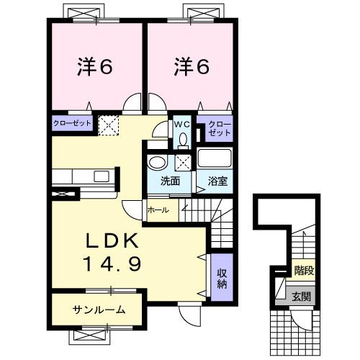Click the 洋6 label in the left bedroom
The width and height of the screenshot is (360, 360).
pyautogui.click(x=94, y=67)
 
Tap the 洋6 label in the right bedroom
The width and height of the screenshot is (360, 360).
pyautogui.click(x=191, y=67)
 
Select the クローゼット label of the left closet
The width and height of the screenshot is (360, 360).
pyautogui.click(x=72, y=124)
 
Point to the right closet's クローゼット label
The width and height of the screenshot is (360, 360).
pyautogui.click(x=219, y=129)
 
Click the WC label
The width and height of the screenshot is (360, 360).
pyautogui.click(x=181, y=124)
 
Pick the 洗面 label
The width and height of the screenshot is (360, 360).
pyautogui.click(x=170, y=181)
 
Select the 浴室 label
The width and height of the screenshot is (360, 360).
pyautogui.click(x=217, y=181)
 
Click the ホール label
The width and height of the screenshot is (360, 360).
pyautogui.click(x=158, y=210)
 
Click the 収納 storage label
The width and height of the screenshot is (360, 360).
pyautogui.click(x=222, y=277)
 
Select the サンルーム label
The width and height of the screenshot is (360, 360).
pyautogui.click(x=99, y=310)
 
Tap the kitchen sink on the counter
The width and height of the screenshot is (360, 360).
pyautogui.click(x=101, y=176)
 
